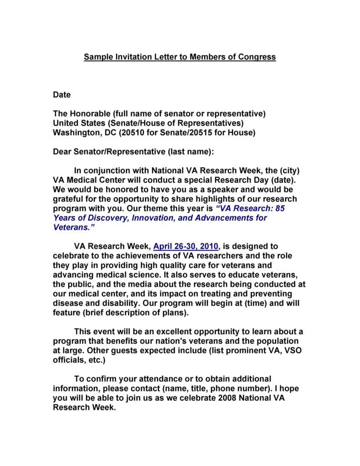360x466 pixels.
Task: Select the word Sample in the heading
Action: [x=97, y=57]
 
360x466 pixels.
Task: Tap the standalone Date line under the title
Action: [x=62, y=95]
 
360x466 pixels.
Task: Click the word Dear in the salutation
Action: [x=62, y=151]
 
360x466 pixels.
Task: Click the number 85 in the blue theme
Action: [x=280, y=208]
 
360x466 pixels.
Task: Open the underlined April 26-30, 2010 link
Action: [x=186, y=247]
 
